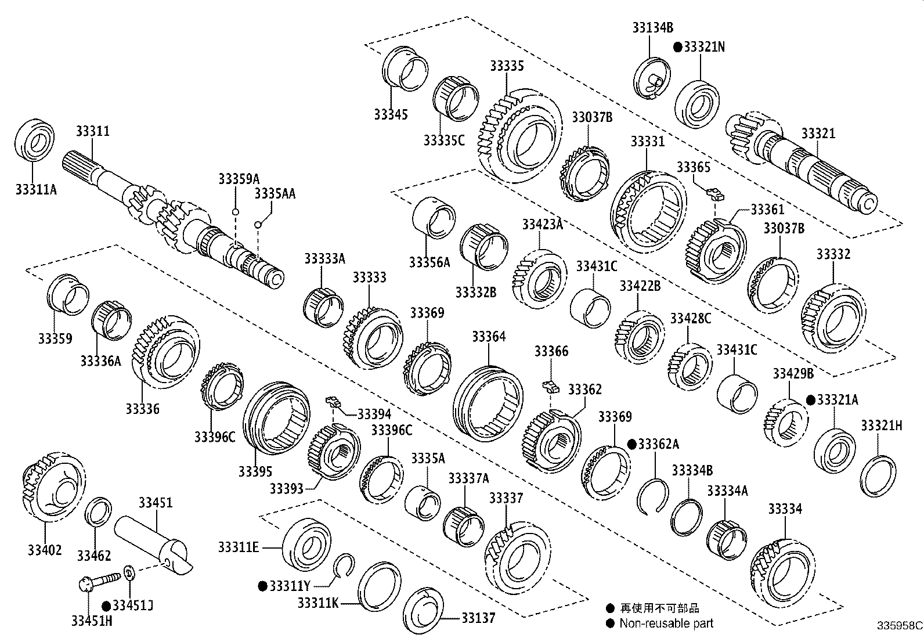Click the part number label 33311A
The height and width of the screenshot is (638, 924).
[x=36, y=189]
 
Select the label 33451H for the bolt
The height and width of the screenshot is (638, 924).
[x=92, y=621]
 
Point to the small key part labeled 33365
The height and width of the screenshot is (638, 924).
[x=714, y=192]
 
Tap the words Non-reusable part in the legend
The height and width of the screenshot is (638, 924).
[x=666, y=623]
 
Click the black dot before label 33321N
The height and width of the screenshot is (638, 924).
[x=677, y=47]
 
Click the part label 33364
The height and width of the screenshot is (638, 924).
[x=488, y=337]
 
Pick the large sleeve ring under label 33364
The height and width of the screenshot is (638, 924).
[x=488, y=402]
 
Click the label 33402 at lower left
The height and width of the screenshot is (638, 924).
[x=44, y=549]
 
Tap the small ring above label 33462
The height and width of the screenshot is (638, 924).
[x=99, y=511]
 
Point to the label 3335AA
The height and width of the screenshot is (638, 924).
[x=275, y=194]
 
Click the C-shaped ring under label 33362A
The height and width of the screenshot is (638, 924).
[x=654, y=496]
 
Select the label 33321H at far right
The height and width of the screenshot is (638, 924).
[x=881, y=426]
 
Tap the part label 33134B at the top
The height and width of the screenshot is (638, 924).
[x=653, y=27]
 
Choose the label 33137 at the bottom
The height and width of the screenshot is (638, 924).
[x=478, y=618]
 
